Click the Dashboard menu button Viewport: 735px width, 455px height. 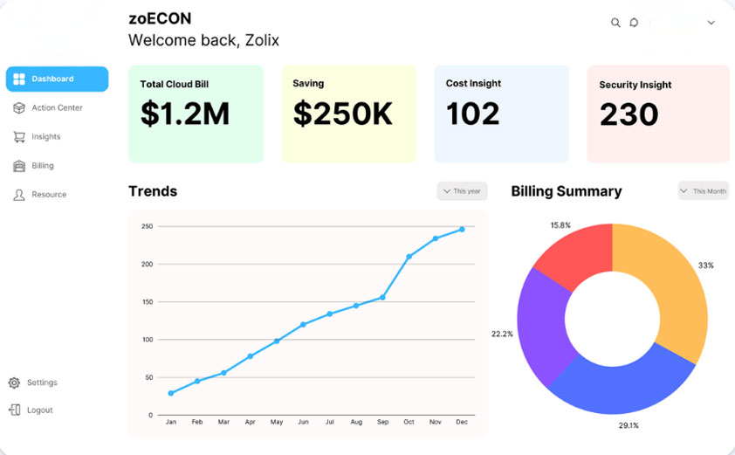[57, 79]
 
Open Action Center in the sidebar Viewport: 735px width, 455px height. [57, 107]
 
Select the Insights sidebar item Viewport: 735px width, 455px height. [45, 136]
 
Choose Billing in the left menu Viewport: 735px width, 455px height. [42, 165]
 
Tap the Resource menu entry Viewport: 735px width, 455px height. [48, 194]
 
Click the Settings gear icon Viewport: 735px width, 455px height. [15, 383]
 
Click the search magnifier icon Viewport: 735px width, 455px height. [615, 23]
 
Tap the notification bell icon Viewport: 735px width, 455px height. [635, 23]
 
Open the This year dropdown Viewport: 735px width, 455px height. [462, 191]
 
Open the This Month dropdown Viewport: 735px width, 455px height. [704, 191]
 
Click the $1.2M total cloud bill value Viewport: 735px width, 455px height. [185, 114]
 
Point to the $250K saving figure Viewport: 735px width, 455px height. [342, 114]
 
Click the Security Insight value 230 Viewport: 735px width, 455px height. [629, 114]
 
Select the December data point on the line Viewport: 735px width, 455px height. [462, 230]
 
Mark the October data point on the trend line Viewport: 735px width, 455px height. [409, 257]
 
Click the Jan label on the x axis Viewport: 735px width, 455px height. [171, 422]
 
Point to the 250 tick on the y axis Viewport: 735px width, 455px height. [147, 226]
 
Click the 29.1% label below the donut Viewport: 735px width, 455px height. [629, 425]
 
